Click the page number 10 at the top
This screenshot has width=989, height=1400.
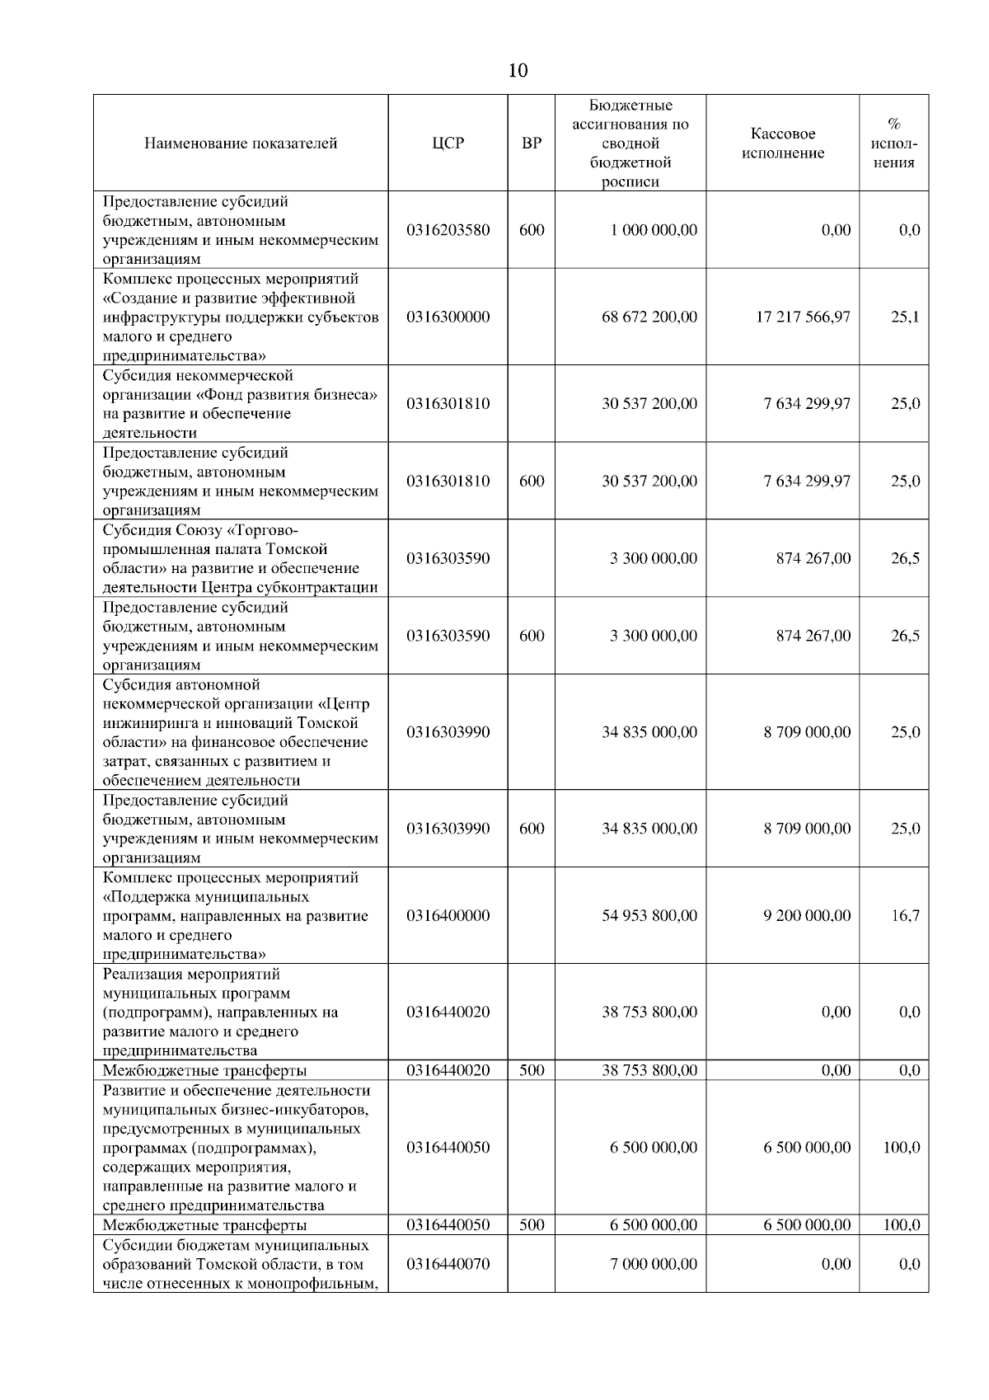tap(518, 70)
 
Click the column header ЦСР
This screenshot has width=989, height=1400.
tap(448, 143)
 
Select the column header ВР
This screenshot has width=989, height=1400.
tap(532, 143)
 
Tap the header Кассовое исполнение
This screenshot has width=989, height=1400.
tap(782, 143)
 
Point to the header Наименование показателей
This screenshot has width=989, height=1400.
tap(241, 143)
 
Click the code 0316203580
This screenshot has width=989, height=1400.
tap(448, 230)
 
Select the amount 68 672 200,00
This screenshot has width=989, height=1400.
tap(649, 317)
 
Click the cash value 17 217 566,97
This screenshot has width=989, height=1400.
tap(803, 317)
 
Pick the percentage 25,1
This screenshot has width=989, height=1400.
tap(905, 317)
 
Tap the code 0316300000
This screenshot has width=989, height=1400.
tap(448, 317)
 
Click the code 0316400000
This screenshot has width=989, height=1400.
tap(448, 915)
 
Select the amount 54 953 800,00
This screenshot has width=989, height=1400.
tap(649, 915)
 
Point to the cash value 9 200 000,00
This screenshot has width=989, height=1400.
tap(807, 915)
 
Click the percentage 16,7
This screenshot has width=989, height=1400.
tap(905, 915)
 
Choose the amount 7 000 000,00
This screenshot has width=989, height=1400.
tap(653, 1264)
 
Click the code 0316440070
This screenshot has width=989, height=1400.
tap(448, 1264)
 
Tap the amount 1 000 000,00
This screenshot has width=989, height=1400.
tap(653, 230)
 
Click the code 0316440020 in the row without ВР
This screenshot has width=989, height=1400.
tap(448, 1012)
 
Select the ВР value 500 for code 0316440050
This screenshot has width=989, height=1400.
tap(532, 1225)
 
